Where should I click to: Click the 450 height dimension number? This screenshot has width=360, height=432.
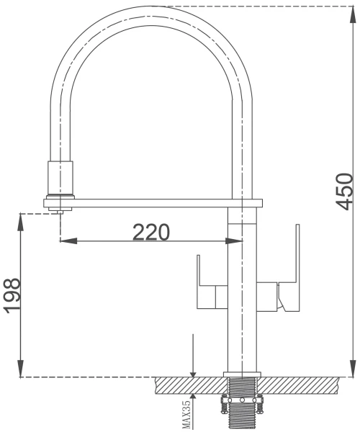[343, 192]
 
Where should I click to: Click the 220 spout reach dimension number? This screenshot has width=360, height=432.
[151, 232]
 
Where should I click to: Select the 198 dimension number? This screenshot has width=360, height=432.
[12, 296]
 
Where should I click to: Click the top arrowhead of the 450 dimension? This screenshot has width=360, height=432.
[353, 14]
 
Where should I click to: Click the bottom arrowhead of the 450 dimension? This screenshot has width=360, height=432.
[353, 369]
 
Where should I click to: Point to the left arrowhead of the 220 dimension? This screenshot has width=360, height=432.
[68, 241]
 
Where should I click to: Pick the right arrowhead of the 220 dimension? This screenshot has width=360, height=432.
[234, 241]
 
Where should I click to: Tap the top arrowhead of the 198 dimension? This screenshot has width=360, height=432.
[21, 222]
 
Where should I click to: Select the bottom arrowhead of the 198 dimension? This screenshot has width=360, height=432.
[21, 369]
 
